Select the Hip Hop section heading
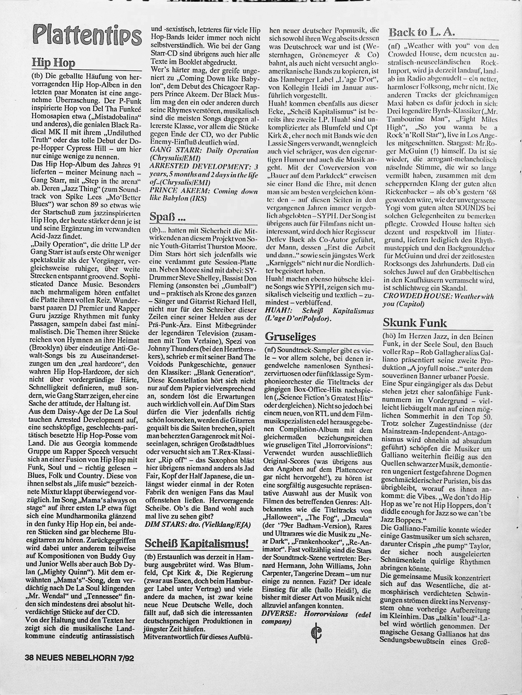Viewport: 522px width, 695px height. tap(53, 63)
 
